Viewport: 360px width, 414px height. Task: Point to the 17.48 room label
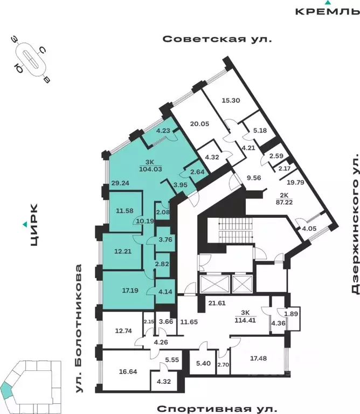click(259, 356)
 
